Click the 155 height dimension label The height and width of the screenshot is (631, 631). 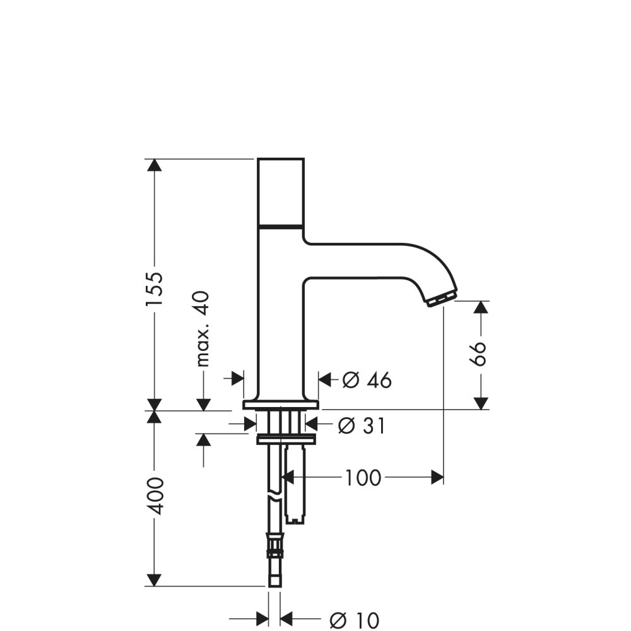[155, 289]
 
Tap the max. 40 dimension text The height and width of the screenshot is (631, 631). [203, 329]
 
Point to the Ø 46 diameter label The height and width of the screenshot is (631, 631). [367, 380]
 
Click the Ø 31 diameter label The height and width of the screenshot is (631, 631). [361, 426]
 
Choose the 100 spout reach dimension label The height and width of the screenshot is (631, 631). [363, 478]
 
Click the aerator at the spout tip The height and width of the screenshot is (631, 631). [441, 298]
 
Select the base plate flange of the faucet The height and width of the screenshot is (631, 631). [281, 404]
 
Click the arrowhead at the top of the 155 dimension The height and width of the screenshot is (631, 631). [155, 165]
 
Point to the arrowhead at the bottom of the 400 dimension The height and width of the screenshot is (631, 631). [155, 579]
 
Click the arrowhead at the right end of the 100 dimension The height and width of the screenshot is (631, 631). [437, 478]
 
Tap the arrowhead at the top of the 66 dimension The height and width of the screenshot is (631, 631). [481, 307]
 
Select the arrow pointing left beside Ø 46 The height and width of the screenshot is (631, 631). [325, 379]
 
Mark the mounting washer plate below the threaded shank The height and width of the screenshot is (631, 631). [286, 439]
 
